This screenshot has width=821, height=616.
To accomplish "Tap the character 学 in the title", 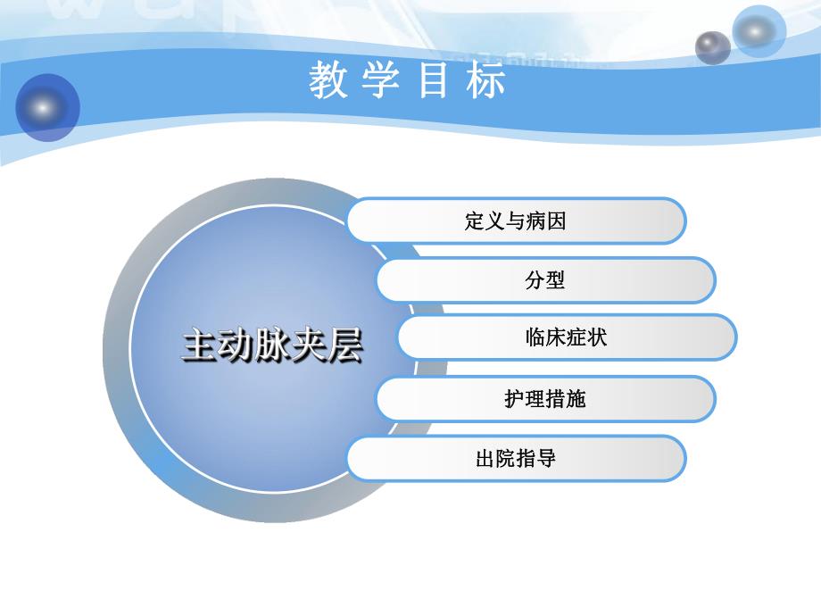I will pyautogui.click(x=379, y=81).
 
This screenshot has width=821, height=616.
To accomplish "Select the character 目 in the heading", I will pyautogui.click(x=435, y=81).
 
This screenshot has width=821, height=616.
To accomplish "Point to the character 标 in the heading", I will pyautogui.click(x=488, y=81).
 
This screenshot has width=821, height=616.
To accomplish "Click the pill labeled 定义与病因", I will pyautogui.click(x=516, y=221).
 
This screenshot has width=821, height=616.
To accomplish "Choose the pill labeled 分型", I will pyautogui.click(x=545, y=280).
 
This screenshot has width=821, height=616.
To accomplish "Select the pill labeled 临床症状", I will pyautogui.click(x=567, y=337).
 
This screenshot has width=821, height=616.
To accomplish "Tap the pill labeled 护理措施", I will pyautogui.click(x=545, y=398).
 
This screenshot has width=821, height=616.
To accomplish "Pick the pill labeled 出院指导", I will pyautogui.click(x=516, y=459).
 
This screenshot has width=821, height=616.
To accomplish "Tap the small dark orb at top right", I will pyautogui.click(x=712, y=46).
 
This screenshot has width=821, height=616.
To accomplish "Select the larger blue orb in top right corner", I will pyautogui.click(x=759, y=31).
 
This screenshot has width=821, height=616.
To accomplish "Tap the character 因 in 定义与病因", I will pyautogui.click(x=556, y=221).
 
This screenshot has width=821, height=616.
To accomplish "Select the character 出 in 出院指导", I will pyautogui.click(x=486, y=459).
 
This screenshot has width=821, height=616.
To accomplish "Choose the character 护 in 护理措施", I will pyautogui.click(x=515, y=398).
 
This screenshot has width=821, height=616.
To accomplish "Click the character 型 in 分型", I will pyautogui.click(x=555, y=280).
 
